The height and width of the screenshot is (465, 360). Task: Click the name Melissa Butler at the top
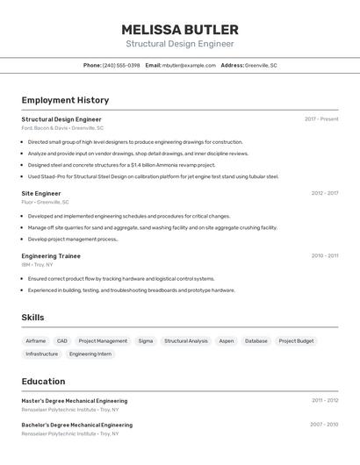click(179, 30)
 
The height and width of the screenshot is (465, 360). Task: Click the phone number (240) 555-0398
click(121, 65)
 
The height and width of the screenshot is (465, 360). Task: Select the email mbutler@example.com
click(189, 65)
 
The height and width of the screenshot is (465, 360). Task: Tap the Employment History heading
click(65, 100)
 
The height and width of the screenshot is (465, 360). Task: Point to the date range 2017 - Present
click(321, 119)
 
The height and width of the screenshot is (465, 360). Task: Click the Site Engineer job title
click(41, 193)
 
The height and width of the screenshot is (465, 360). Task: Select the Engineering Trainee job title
click(51, 256)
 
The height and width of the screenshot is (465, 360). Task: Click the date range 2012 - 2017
click(325, 193)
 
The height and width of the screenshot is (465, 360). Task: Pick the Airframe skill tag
click(36, 340)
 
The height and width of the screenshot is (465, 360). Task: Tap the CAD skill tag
click(61, 340)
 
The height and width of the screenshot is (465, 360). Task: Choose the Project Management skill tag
click(103, 340)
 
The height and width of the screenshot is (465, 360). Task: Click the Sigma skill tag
click(146, 340)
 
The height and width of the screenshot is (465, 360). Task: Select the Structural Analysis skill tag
click(186, 340)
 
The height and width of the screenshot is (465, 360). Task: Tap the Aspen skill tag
click(227, 340)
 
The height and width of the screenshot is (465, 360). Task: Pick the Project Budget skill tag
click(296, 340)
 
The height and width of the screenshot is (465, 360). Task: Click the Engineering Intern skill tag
click(90, 354)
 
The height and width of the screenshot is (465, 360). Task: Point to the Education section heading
click(43, 382)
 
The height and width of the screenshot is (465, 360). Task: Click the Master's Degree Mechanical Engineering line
click(75, 401)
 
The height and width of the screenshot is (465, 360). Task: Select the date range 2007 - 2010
click(324, 425)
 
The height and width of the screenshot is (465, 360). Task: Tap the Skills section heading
click(32, 318)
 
